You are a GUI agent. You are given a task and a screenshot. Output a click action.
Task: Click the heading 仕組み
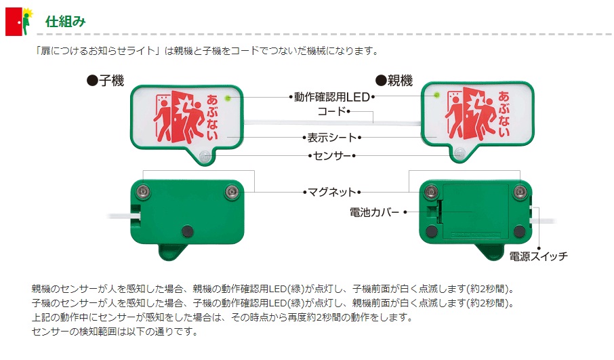click(65, 21)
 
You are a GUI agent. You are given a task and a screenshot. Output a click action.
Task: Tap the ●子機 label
click(105, 81)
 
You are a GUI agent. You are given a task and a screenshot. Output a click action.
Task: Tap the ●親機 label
click(394, 81)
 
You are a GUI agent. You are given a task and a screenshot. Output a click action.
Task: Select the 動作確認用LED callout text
click(331, 97)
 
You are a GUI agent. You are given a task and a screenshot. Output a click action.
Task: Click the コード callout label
click(332, 111)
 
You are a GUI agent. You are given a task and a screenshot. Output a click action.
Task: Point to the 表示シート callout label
click(331, 137)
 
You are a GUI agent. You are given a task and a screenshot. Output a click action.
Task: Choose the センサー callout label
click(332, 155)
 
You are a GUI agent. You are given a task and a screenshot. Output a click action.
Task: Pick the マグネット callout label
click(331, 192)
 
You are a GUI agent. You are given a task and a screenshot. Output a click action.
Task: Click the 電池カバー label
click(374, 212)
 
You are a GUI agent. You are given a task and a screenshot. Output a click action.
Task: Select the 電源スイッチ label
click(538, 256)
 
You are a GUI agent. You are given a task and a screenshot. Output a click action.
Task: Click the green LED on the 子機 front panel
click(228, 98)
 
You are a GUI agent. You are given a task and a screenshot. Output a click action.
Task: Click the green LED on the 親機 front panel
click(438, 95)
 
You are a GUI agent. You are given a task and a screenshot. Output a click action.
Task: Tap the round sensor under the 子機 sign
click(206, 155)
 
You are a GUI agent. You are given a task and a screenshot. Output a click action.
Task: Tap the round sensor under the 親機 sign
click(459, 153)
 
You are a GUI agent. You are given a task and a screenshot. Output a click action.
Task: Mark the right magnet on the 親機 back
click(519, 191)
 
